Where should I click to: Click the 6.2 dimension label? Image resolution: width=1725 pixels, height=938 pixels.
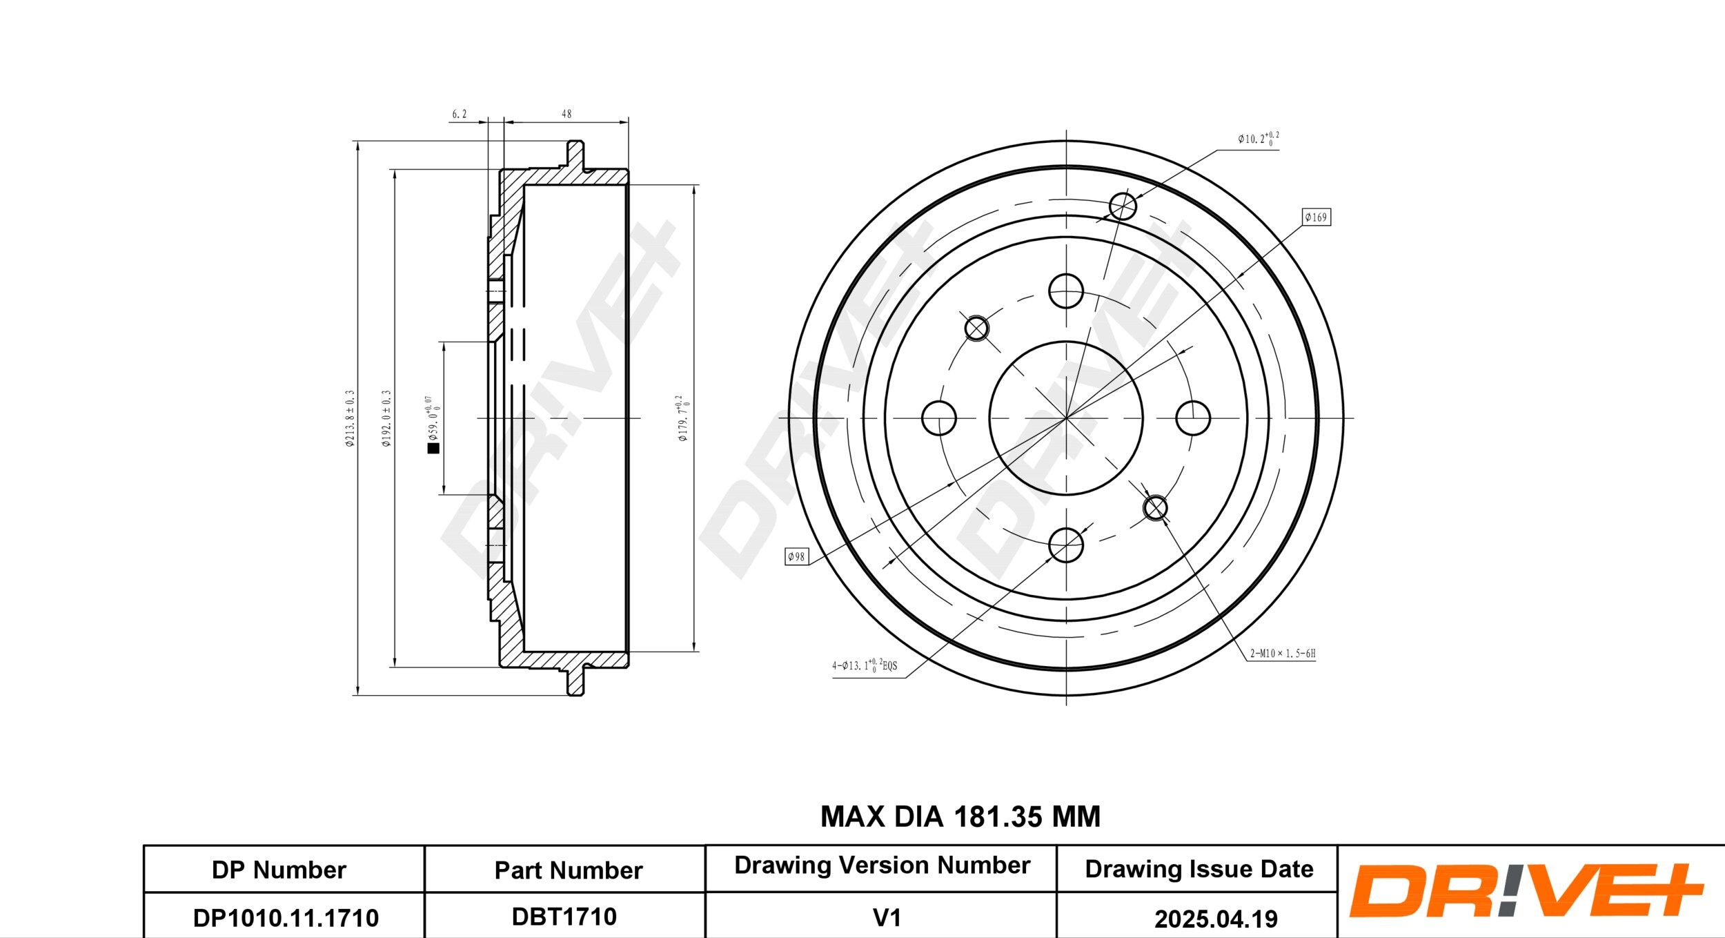click(x=459, y=114)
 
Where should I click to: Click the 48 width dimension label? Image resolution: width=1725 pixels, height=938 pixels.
click(x=566, y=114)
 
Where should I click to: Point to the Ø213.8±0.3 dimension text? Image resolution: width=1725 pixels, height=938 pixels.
click(x=350, y=418)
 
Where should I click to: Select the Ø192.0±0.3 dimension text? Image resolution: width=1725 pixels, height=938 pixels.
click(x=386, y=418)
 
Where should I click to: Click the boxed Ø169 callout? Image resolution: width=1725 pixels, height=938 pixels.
click(x=1316, y=217)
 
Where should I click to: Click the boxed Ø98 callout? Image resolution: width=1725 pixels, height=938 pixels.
click(x=796, y=556)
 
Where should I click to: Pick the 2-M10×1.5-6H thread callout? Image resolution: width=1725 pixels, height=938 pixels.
click(x=1283, y=653)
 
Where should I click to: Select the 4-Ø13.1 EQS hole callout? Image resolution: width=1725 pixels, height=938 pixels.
click(x=864, y=665)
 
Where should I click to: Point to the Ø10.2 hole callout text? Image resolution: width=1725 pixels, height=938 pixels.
click(x=1258, y=139)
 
